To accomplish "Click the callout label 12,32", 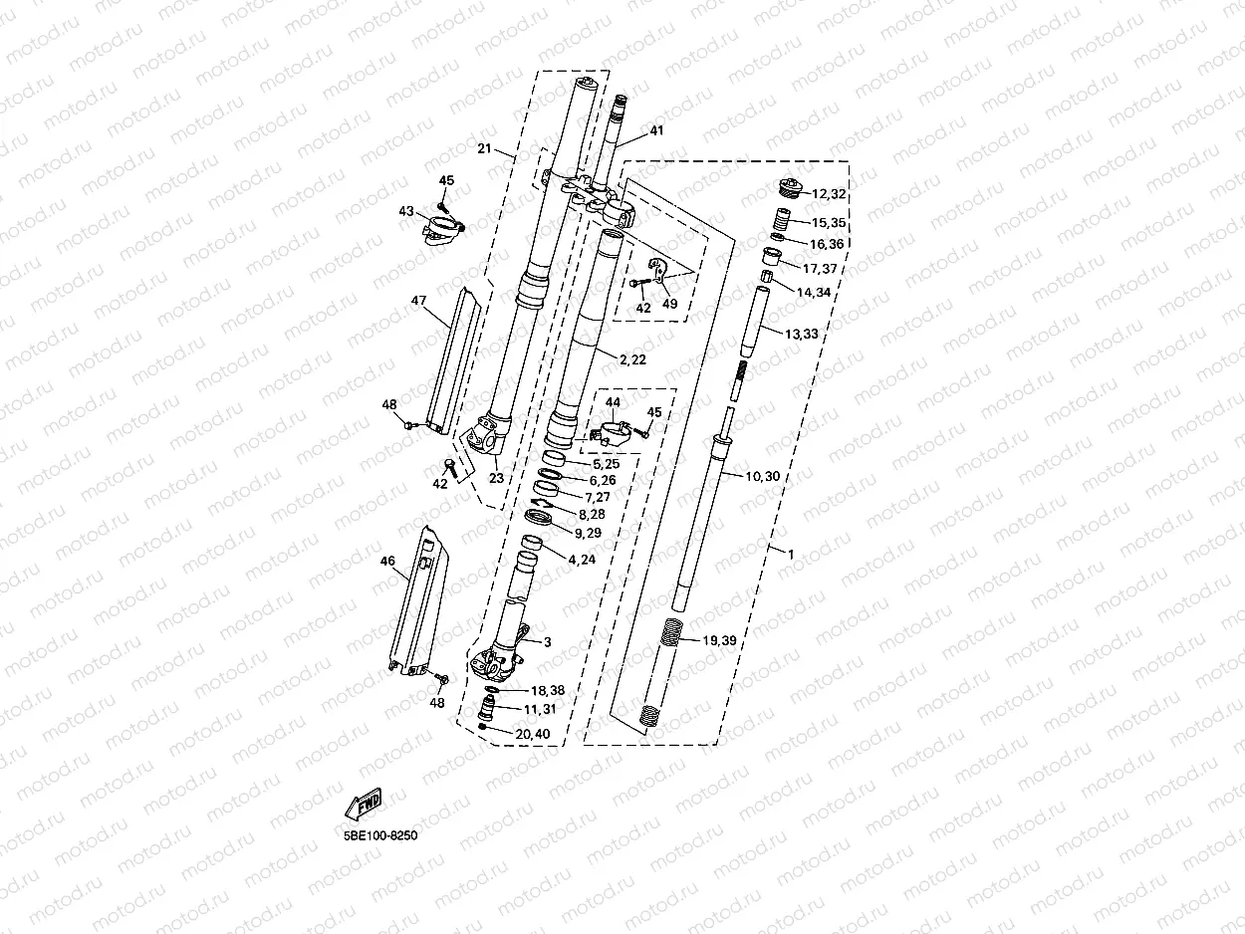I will [x=829, y=194].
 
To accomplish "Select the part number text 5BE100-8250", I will [x=380, y=835].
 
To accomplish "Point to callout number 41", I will [x=656, y=130].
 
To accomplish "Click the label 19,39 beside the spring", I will [x=718, y=640].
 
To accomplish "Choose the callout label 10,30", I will [x=763, y=476].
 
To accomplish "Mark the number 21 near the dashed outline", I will [x=484, y=149].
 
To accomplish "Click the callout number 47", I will [x=418, y=300].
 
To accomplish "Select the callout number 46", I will [x=388, y=561].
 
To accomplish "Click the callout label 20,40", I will [x=533, y=734].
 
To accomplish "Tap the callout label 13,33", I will [x=801, y=335].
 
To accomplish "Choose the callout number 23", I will [x=496, y=478].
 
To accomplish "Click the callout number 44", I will [x=614, y=402].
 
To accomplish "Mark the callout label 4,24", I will [x=583, y=560].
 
